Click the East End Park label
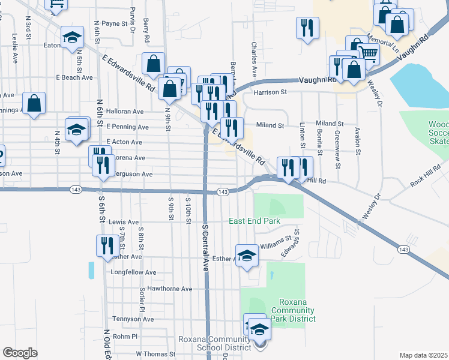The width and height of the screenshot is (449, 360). [255, 221]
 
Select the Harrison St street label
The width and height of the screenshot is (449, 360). [270, 93]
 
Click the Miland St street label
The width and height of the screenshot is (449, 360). [270, 125]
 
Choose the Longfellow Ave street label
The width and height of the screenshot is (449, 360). [133, 272]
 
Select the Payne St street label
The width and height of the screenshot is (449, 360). [115, 23]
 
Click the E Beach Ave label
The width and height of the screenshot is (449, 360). [74, 77]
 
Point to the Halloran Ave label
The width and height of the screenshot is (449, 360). [125, 112]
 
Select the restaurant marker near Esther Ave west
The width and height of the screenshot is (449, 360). [104, 245]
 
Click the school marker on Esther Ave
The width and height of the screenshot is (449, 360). [246, 255]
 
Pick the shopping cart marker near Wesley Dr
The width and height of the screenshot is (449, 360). [368, 53]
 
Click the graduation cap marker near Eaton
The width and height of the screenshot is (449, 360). [72, 37]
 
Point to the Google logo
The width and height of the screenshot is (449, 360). [20, 353]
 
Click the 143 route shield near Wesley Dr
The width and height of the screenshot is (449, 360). [403, 249]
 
